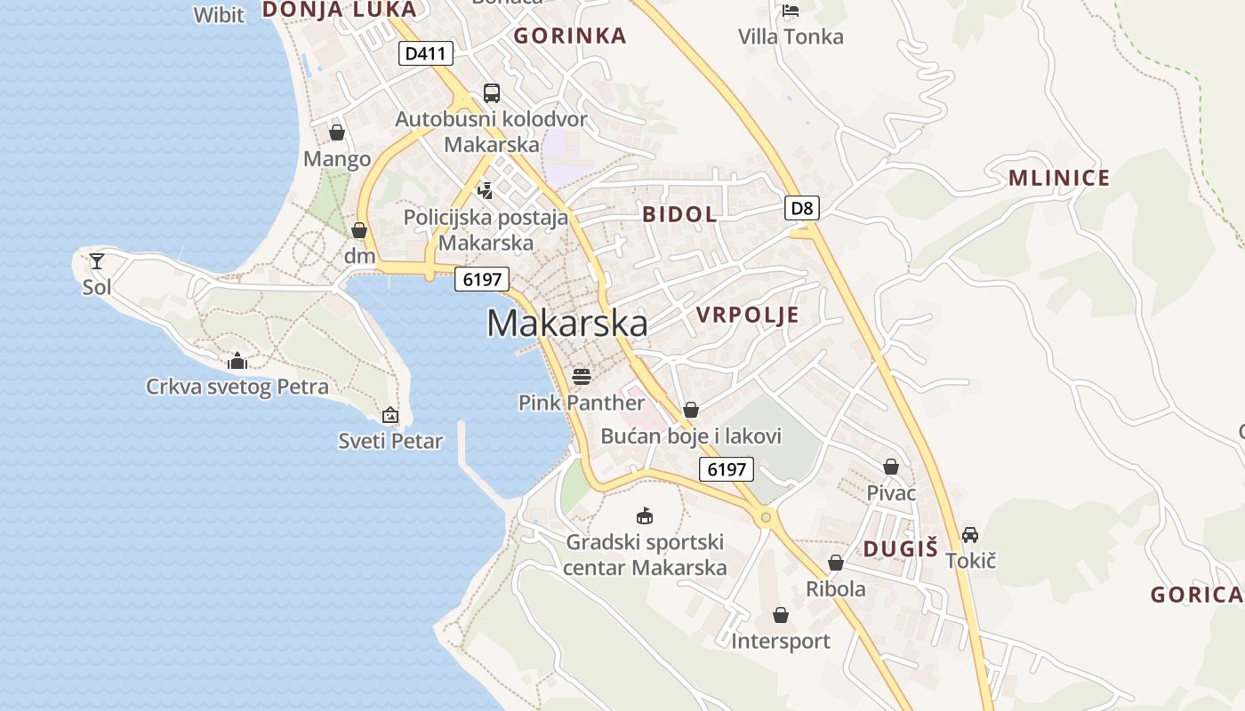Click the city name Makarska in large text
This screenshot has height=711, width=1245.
[x=566, y=324]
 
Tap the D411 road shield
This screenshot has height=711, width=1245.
[x=425, y=53]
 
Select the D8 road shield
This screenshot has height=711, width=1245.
[x=801, y=208]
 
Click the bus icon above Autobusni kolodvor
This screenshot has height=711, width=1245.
[x=491, y=92]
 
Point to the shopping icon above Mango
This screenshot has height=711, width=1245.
[x=337, y=132]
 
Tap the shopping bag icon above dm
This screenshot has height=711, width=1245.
[x=359, y=230]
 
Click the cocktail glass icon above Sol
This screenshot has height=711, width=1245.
[x=97, y=260]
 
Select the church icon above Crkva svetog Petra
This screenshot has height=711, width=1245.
[x=237, y=361]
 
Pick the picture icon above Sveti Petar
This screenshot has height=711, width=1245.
[x=390, y=414]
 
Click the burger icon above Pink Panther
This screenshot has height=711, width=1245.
[x=582, y=377]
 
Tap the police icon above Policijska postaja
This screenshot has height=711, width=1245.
[x=486, y=189]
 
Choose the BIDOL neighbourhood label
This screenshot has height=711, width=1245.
[x=679, y=214]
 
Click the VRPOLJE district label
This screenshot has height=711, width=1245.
[x=747, y=315]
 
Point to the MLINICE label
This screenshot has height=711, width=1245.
[x=1058, y=178]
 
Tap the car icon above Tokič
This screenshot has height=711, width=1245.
[x=970, y=534]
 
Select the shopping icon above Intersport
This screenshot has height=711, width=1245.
[x=780, y=614]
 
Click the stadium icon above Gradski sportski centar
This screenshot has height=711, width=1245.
[x=645, y=515]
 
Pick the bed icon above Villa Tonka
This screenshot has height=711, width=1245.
[x=791, y=11]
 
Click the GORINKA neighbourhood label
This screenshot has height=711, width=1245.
[x=570, y=36]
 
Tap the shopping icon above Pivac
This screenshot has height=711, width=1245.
[x=891, y=466]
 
